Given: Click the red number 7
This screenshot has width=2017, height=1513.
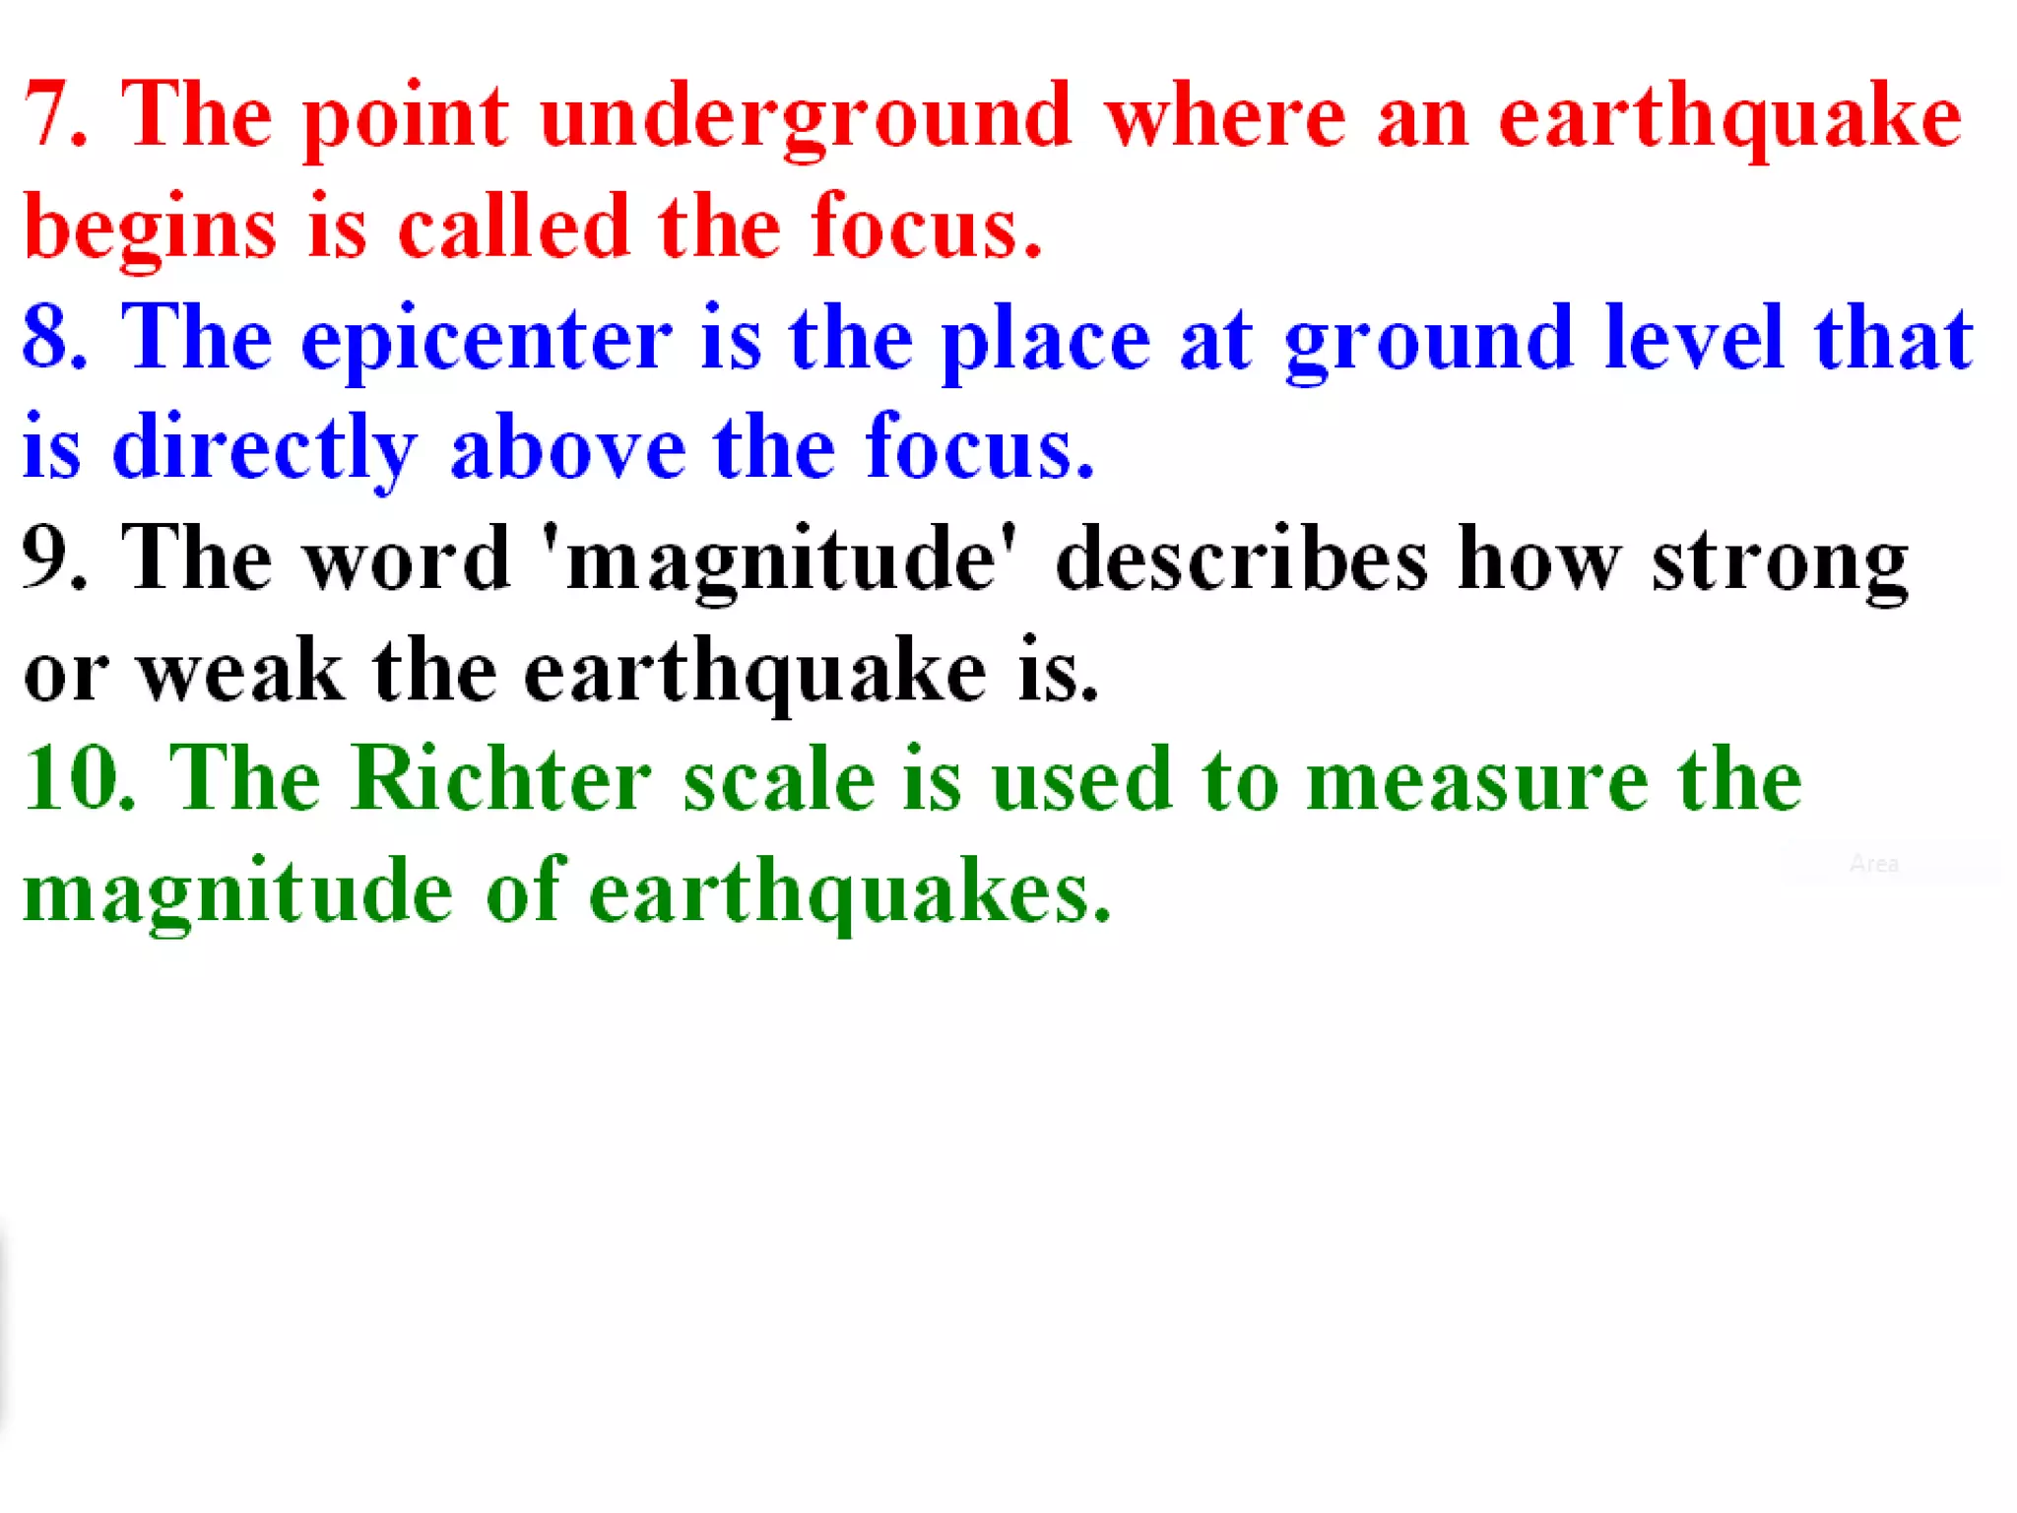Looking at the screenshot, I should pyautogui.click(x=49, y=116).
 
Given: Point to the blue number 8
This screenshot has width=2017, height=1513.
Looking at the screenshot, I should pyautogui.click(x=49, y=338).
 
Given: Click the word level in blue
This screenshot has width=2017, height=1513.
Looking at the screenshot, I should pyautogui.click(x=1693, y=338).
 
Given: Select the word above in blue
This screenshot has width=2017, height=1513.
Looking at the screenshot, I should pyautogui.click(x=567, y=449).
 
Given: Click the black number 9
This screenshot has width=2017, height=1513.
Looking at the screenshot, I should pyautogui.click(x=49, y=559).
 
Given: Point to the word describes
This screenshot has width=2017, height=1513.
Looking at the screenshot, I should pyautogui.click(x=1240, y=559).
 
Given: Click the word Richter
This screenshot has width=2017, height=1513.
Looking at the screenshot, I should pyautogui.click(x=501, y=779).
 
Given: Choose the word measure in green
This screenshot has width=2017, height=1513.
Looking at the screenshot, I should pyautogui.click(x=1477, y=781).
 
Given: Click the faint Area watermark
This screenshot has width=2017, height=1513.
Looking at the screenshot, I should pyautogui.click(x=1873, y=864).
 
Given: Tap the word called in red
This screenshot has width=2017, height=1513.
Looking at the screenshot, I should pyautogui.click(x=513, y=227).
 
